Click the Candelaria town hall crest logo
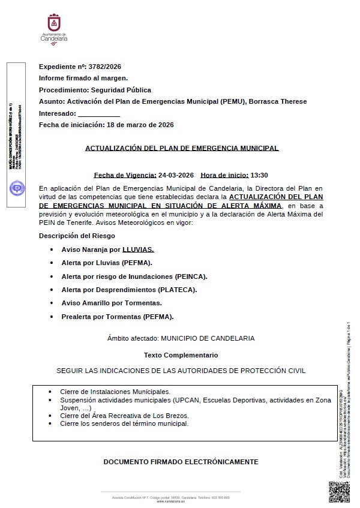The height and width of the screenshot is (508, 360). (53, 23)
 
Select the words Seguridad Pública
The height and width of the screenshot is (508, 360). (125, 90)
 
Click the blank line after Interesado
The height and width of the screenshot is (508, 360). (99, 113)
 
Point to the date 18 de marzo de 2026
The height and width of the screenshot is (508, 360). (140, 125)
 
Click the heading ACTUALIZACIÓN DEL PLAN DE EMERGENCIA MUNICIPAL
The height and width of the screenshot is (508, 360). (182, 148)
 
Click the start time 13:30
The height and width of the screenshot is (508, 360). (259, 176)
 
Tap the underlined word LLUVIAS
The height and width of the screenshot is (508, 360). (138, 249)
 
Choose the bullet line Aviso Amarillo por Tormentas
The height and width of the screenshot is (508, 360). (112, 303)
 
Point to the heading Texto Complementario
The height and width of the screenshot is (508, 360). (181, 355)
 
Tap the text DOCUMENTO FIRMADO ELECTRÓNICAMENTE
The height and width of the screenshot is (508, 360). (181, 462)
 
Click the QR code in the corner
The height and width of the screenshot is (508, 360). (339, 491)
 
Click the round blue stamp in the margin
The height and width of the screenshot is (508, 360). (16, 188)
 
